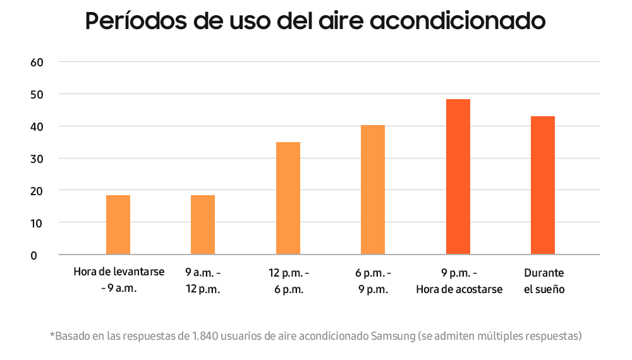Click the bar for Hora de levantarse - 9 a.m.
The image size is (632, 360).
(x=118, y=225)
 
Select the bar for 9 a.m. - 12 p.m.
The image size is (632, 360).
(x=203, y=225)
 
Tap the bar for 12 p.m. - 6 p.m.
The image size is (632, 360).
(x=288, y=198)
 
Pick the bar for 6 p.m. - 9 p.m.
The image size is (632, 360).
(x=373, y=189)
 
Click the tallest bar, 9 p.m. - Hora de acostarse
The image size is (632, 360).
(x=458, y=177)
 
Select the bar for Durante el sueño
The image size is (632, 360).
(x=543, y=185)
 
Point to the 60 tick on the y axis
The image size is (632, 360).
(x=37, y=63)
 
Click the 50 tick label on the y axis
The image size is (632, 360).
(x=37, y=95)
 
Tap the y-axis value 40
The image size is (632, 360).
(x=37, y=127)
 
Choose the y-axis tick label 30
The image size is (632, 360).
(x=37, y=159)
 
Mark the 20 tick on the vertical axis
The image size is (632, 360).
(x=37, y=191)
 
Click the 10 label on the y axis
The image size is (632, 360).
(x=37, y=224)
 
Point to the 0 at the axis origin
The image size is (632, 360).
(x=34, y=256)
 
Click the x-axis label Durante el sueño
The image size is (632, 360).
(x=544, y=281)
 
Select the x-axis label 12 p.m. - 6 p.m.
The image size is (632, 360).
(x=289, y=281)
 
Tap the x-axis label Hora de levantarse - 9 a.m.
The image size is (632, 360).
(x=119, y=280)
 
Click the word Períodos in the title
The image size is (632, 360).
(x=136, y=21)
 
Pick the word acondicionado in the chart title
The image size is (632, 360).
(x=458, y=21)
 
